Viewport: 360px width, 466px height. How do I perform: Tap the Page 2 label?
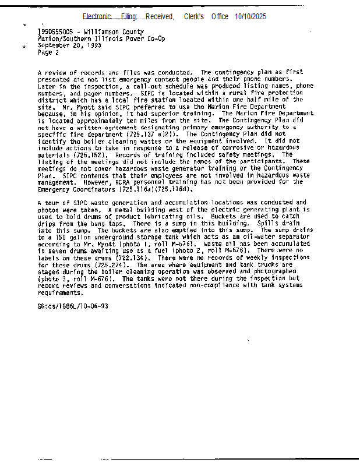(48, 52)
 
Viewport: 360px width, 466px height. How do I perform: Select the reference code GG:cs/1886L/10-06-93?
(72, 306)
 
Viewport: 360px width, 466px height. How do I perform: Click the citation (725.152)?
(89, 155)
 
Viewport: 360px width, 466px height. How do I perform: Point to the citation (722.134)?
(135, 257)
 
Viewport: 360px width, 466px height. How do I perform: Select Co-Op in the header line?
(156, 38)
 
